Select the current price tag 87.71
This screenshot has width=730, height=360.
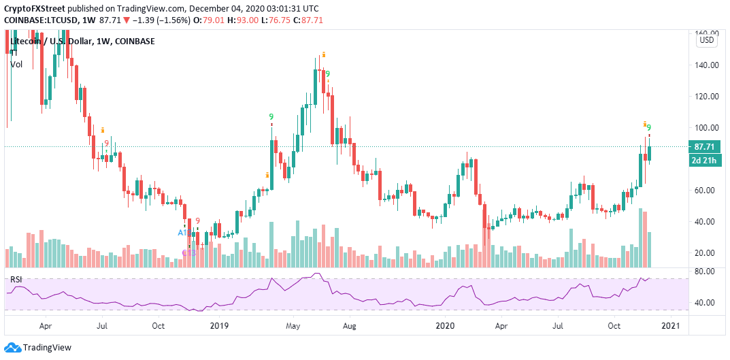(707, 147)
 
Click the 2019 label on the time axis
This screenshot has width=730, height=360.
(220, 327)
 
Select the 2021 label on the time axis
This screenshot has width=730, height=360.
(671, 327)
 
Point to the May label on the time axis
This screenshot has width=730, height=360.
(293, 327)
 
